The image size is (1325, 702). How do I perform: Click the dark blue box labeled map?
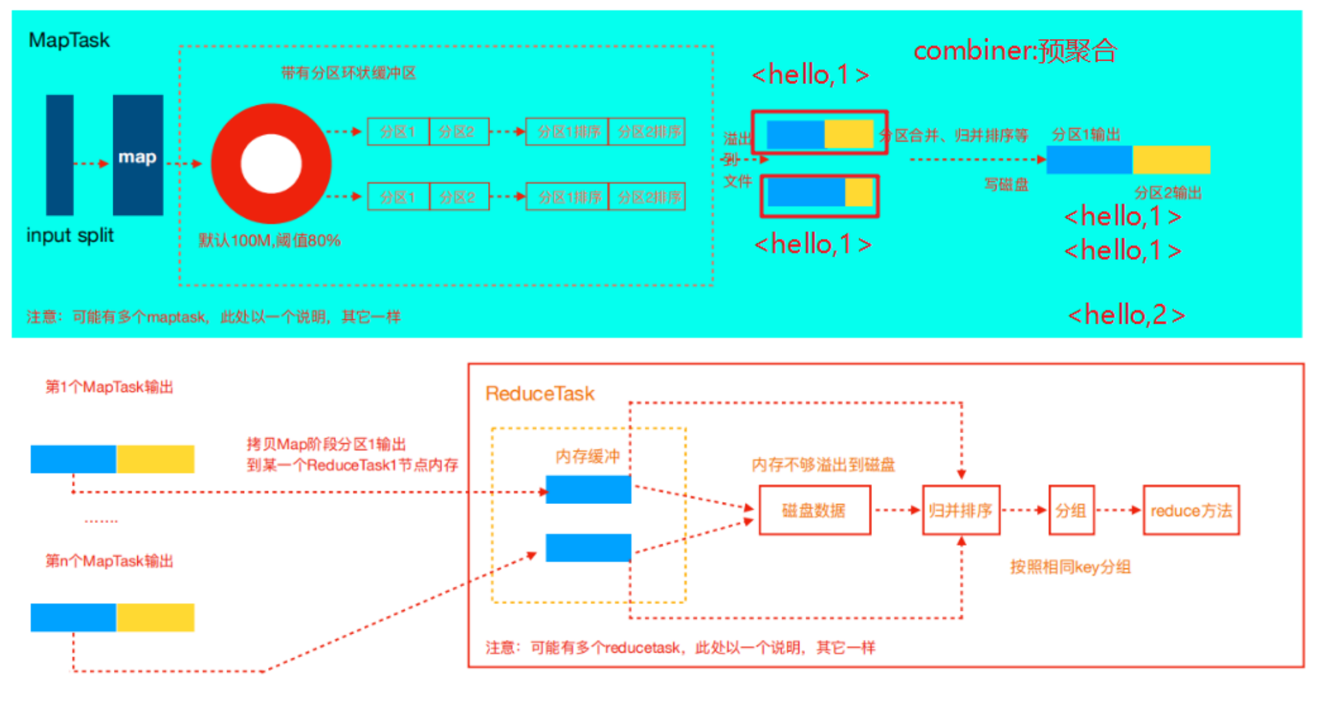click(x=137, y=155)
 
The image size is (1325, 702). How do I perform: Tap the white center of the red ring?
click(x=271, y=164)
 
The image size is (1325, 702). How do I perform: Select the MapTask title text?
click(x=69, y=40)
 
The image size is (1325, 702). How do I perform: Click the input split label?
click(x=70, y=235)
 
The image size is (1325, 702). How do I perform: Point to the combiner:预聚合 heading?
click(x=1015, y=51)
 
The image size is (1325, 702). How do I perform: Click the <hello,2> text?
click(x=1126, y=315)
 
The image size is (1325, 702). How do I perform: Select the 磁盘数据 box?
click(x=814, y=511)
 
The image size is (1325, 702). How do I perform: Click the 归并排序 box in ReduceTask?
click(x=961, y=511)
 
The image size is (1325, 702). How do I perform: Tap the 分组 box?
click(x=1071, y=511)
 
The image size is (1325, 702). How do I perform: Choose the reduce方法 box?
click(x=1191, y=511)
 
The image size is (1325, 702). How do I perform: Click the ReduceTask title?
click(x=540, y=393)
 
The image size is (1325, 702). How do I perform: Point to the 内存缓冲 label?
click(x=587, y=456)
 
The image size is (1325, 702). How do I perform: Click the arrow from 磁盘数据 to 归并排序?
click(x=896, y=511)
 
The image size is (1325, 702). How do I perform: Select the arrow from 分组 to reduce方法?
click(x=1119, y=511)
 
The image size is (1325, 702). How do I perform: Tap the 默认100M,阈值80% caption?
click(x=269, y=240)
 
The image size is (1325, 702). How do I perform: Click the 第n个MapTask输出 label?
click(x=109, y=561)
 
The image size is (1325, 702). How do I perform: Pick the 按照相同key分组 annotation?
click(x=1070, y=567)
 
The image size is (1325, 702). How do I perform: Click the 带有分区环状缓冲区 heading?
click(x=348, y=73)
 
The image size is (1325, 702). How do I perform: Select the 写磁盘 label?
click(x=1006, y=185)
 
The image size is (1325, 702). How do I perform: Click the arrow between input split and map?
click(x=91, y=163)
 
